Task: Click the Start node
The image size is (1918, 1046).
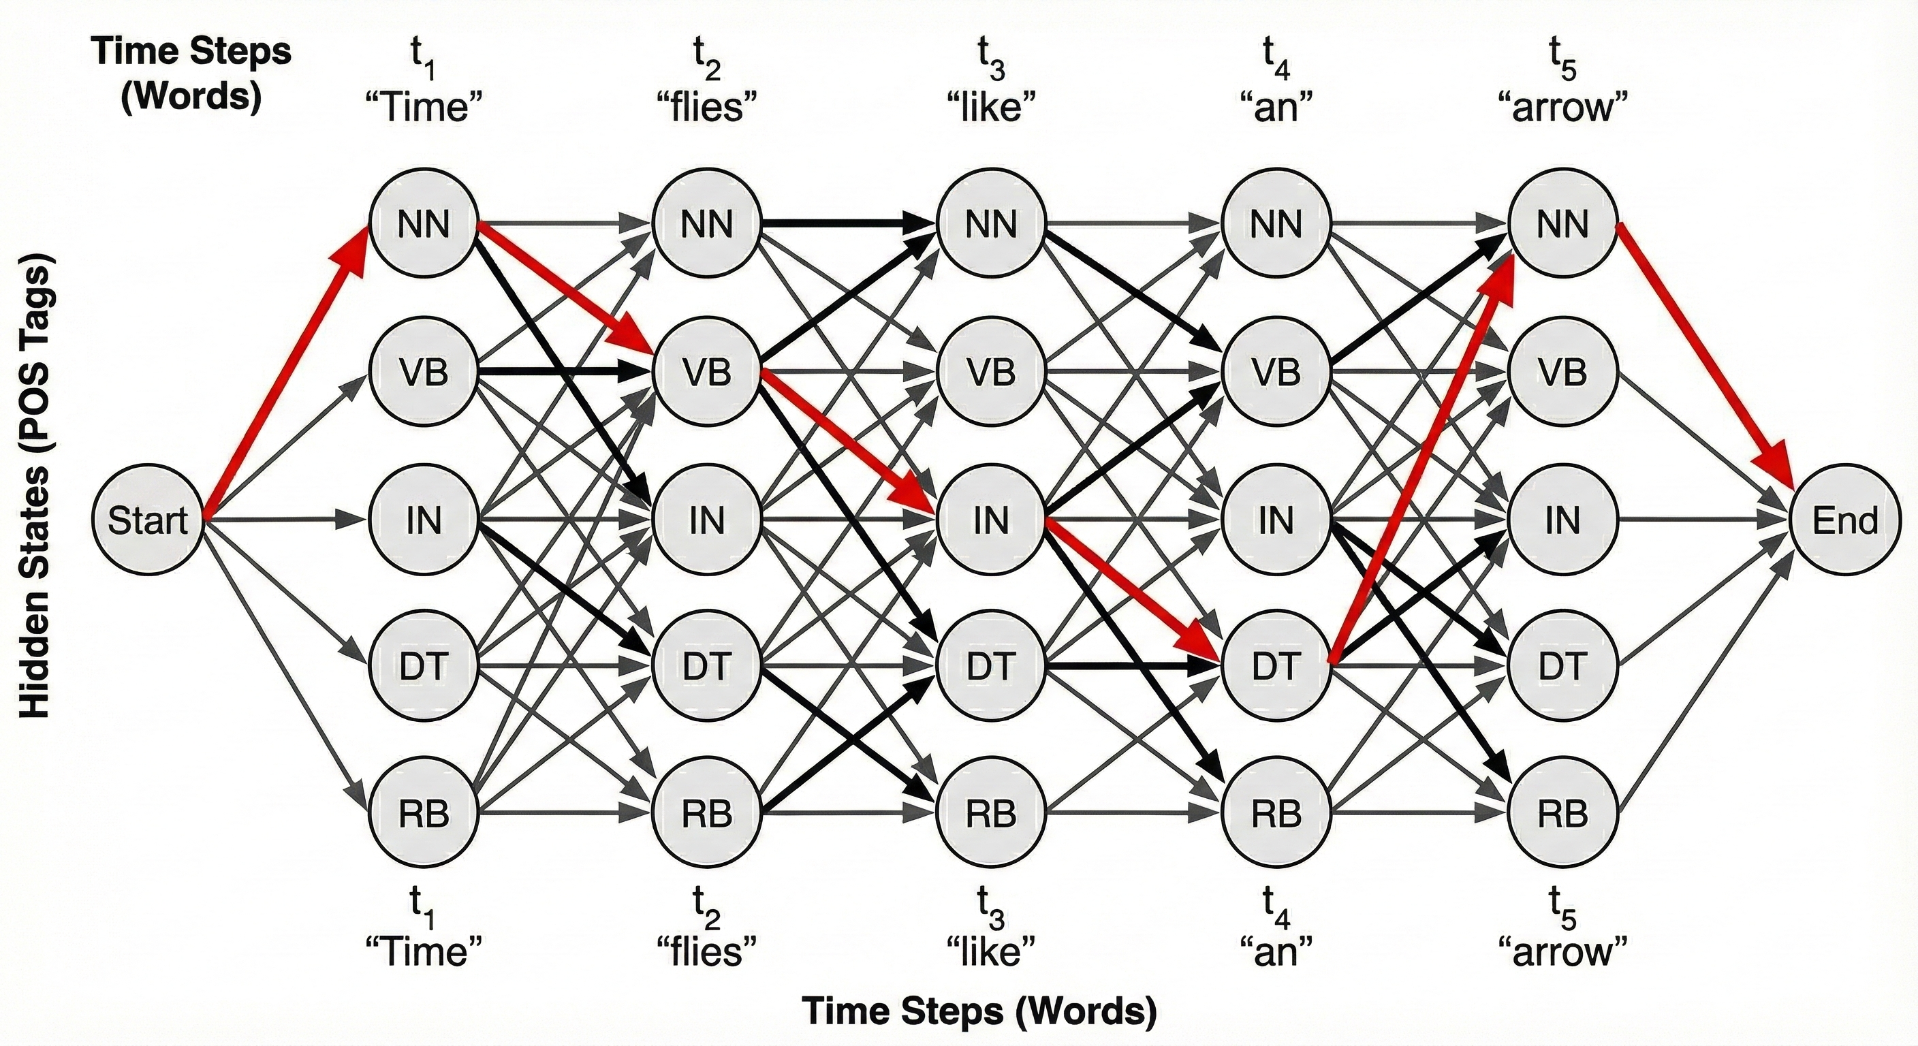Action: point(147,520)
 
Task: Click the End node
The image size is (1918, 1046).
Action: point(1844,520)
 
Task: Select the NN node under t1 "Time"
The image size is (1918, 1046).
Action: point(423,224)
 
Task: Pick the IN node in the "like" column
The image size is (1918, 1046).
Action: point(991,520)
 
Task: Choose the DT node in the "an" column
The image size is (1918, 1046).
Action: point(1276,665)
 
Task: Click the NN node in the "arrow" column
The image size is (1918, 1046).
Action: point(1562,224)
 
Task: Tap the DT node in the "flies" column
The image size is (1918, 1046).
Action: point(706,665)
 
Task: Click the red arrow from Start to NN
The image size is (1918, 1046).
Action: point(287,373)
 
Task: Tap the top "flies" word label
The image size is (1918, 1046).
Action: point(706,108)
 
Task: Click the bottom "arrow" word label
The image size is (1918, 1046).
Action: point(1562,952)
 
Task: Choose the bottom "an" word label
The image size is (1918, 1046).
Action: point(1276,952)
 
